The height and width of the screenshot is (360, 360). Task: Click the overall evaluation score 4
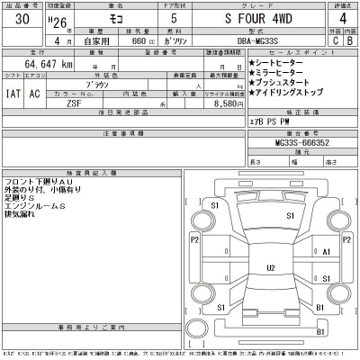[x=339, y=18]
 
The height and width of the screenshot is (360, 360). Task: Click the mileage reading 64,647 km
[x=44, y=65]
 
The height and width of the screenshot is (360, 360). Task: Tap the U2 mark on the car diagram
[x=270, y=268]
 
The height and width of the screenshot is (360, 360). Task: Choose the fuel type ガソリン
[x=191, y=40]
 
